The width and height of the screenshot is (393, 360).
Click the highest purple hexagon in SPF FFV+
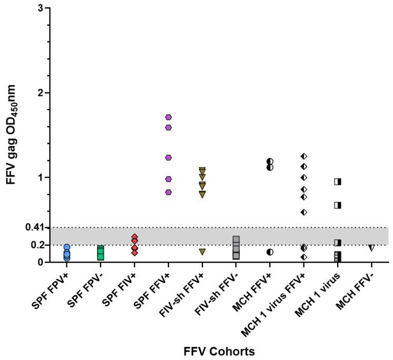coord(169,117)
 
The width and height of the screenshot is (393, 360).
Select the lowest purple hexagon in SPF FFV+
coord(169,192)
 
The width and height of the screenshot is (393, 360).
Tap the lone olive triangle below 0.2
coord(202,252)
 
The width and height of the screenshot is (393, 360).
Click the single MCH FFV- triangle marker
coord(371,247)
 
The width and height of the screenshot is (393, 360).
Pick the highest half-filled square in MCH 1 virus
coord(337,182)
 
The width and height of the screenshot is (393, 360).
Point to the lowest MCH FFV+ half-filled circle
coord(270,252)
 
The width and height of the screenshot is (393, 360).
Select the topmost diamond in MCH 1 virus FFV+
coord(303,156)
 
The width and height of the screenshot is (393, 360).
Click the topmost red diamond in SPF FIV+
coord(135,237)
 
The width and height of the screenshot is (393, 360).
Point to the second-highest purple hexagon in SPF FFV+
coord(169,127)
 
